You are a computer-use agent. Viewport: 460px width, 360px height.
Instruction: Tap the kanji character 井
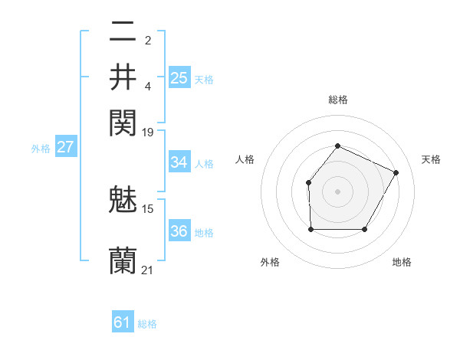pos(123,77)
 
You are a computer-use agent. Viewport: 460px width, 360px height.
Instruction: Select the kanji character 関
pos(123,123)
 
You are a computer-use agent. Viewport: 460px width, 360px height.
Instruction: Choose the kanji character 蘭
pos(123,261)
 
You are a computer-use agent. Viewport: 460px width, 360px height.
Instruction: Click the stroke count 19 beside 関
pos(148,132)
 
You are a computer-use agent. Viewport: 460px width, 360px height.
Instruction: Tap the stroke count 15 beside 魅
pos(148,208)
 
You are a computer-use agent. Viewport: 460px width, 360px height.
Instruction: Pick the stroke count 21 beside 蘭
pos(148,270)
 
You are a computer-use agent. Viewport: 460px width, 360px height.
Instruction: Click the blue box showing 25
pos(179,77)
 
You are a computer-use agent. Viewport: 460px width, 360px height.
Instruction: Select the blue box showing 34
pos(179,162)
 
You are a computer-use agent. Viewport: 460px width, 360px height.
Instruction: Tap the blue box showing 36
pos(179,231)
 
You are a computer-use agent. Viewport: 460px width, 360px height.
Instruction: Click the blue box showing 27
pos(65,147)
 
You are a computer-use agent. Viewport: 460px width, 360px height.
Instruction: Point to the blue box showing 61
pos(123,322)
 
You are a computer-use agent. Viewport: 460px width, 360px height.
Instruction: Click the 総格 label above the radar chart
pos(337,100)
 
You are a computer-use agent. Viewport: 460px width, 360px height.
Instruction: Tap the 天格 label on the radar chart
pos(431,159)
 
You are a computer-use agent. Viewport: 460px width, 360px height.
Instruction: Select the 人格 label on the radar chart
pos(245,159)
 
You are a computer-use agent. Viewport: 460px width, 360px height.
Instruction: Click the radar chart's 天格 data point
pos(396,172)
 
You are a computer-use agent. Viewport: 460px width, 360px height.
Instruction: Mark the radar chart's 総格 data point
pos(337,146)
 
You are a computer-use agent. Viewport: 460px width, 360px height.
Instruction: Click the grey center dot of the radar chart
pos(337,191)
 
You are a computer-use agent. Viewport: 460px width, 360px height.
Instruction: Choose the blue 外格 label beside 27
pos(41,149)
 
